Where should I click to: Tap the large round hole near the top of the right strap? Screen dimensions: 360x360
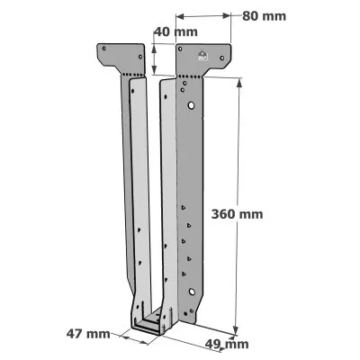[192, 106]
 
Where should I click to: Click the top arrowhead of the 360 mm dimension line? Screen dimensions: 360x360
[238, 81]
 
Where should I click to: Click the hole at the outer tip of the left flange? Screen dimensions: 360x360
[103, 49]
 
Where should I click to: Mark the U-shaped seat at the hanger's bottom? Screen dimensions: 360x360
[150, 324]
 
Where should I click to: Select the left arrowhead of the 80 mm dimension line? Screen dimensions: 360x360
[177, 16]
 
